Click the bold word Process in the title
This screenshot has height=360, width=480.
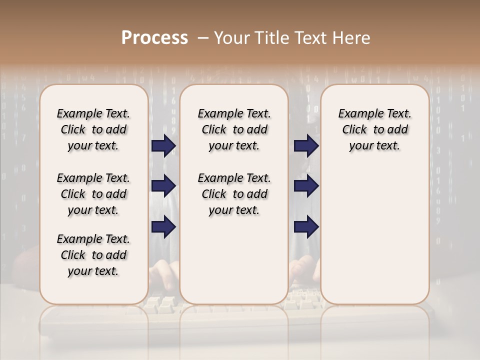154,38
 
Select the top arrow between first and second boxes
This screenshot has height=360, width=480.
163,146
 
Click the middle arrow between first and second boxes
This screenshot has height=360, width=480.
163,186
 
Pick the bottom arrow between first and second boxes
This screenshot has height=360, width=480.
163,226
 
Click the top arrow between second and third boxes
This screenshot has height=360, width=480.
306,146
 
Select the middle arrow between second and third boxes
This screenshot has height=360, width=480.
306,186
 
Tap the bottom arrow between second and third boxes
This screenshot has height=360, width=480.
306,226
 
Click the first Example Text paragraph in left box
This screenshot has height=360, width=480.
93,129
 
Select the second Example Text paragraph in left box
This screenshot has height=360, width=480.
93,194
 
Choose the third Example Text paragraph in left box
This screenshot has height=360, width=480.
93,255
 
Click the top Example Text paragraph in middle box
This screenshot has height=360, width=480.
234,129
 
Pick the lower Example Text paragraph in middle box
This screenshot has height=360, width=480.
234,194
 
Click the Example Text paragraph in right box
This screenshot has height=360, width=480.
374,129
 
